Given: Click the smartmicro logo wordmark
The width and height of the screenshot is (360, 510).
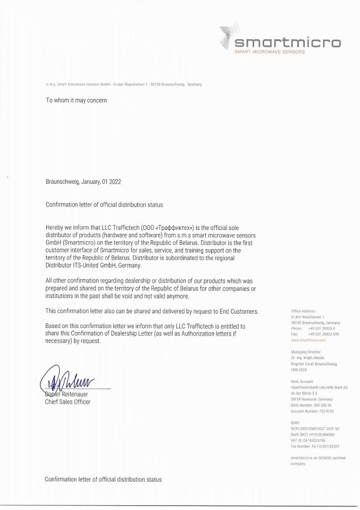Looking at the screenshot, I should (x=287, y=42).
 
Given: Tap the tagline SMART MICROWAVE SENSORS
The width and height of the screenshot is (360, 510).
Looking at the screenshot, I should (x=269, y=52).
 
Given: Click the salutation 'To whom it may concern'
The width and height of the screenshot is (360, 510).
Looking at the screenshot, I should (x=76, y=100).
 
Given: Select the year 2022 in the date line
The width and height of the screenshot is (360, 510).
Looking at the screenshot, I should (x=115, y=182).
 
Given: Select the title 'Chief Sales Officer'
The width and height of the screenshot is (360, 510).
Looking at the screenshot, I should (x=68, y=402).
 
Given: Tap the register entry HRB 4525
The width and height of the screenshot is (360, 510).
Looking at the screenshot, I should (x=300, y=369).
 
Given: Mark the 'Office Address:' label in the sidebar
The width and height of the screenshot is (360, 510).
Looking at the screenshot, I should (x=303, y=311).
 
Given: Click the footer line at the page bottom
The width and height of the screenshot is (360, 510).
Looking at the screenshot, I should (x=103, y=479).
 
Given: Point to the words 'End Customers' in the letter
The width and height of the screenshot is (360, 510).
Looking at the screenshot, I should (x=240, y=311).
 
